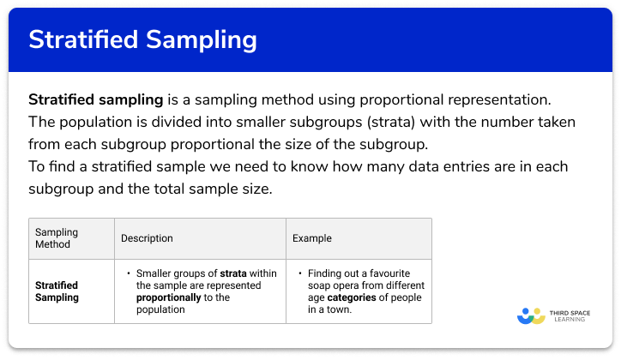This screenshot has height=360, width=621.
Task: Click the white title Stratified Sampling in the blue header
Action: click(x=142, y=40)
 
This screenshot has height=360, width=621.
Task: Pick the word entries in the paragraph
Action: click(x=452, y=165)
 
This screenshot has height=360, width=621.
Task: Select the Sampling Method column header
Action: click(x=56, y=237)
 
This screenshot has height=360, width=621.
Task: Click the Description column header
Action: click(x=147, y=238)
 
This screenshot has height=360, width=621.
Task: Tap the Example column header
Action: click(x=312, y=238)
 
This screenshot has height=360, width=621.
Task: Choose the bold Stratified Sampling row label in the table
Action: click(x=57, y=291)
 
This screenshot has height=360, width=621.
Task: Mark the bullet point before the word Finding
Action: click(x=299, y=273)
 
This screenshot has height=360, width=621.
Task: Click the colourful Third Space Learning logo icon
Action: click(x=531, y=315)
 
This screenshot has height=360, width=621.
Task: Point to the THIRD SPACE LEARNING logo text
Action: click(x=570, y=315)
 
